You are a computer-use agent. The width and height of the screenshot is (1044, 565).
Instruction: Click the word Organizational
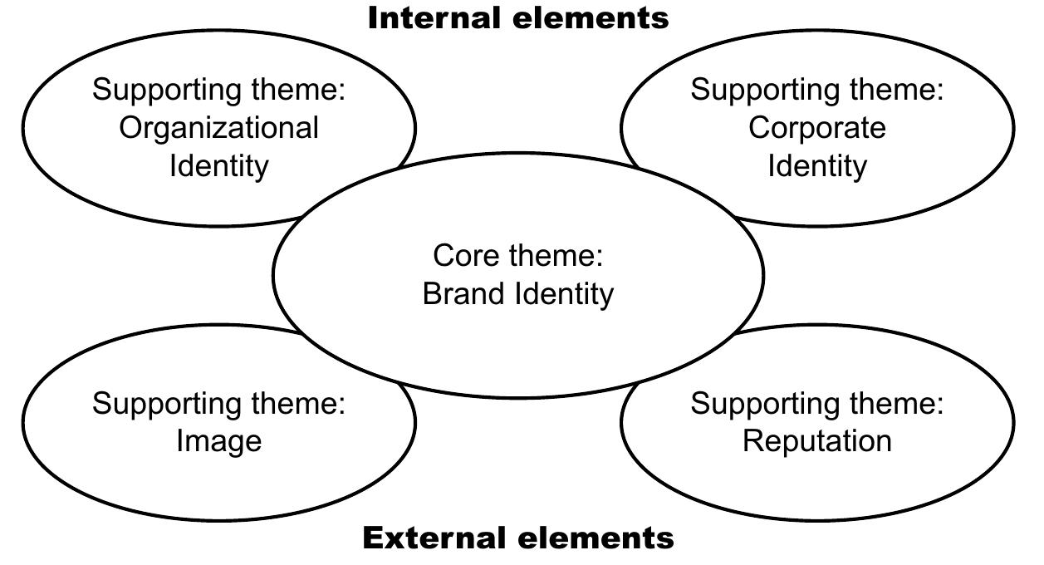tap(218, 128)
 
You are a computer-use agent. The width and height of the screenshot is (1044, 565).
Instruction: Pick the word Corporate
tap(816, 128)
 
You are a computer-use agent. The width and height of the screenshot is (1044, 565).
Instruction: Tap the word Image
tap(218, 440)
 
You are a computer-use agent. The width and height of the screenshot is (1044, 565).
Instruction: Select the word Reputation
tap(816, 440)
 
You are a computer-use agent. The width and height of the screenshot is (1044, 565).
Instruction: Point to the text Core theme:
tap(517, 255)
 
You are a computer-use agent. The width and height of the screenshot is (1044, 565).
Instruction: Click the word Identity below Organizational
tap(218, 165)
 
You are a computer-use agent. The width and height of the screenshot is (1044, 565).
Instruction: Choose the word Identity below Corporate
tap(816, 165)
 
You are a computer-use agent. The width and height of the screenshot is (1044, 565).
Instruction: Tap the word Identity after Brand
tap(564, 293)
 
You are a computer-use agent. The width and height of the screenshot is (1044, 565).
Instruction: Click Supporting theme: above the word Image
tap(218, 404)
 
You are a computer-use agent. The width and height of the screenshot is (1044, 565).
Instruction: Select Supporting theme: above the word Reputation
tap(816, 404)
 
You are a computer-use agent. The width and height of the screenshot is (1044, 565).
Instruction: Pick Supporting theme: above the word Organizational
tap(218, 90)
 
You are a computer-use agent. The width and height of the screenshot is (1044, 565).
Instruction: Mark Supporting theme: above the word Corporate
tap(816, 90)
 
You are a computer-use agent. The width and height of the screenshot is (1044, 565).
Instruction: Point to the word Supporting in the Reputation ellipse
tap(767, 405)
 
